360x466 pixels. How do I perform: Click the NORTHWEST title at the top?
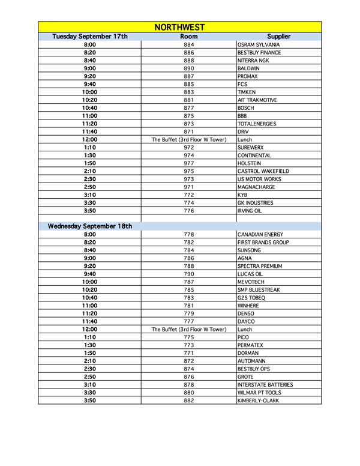pyautogui.click(x=179, y=27)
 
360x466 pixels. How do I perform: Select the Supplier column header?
pyautogui.click(x=278, y=37)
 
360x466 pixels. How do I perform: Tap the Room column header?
pyautogui.click(x=189, y=37)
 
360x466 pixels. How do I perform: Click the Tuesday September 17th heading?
pyautogui.click(x=90, y=37)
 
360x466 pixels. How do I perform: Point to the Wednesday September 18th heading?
pyautogui.click(x=90, y=226)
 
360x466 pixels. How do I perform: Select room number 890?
pyautogui.click(x=189, y=68)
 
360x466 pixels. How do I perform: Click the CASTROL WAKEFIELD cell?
pyautogui.click(x=263, y=171)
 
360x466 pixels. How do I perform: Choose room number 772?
pyautogui.click(x=189, y=195)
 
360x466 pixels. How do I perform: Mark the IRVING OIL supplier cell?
pyautogui.click(x=253, y=211)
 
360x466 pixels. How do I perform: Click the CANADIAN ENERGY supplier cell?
pyautogui.click(x=262, y=235)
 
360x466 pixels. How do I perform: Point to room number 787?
pyautogui.click(x=189, y=282)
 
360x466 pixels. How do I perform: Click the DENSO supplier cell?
pyautogui.click(x=247, y=313)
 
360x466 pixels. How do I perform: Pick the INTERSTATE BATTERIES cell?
pyautogui.click(x=265, y=384)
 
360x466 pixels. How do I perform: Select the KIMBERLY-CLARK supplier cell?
pyautogui.click(x=258, y=400)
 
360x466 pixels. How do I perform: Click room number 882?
pyautogui.click(x=189, y=400)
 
